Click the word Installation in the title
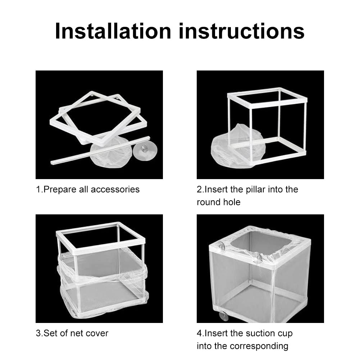tap(113, 31)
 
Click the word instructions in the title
tap(242, 31)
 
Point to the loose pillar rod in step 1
tap(100, 150)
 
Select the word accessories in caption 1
tap(115, 190)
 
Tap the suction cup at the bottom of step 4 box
tap(224, 316)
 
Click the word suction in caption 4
tap(259, 333)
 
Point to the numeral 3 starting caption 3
tap(38, 333)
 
